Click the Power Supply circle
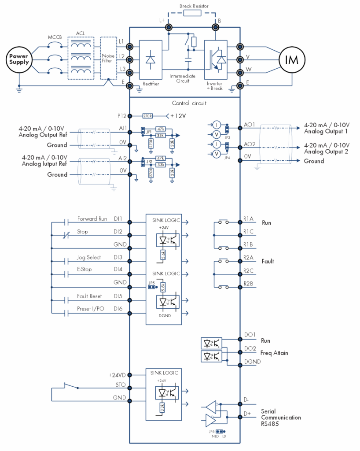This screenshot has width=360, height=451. click(19, 59)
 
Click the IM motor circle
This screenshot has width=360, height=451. click(292, 59)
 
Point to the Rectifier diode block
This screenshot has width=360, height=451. click(150, 59)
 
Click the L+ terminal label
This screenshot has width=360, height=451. click(162, 21)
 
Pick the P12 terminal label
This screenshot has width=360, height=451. click(122, 116)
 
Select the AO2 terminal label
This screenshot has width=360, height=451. click(250, 144)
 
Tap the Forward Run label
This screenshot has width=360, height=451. click(92, 218)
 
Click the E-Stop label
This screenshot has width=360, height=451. click(84, 269)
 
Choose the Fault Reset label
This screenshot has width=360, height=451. click(89, 296)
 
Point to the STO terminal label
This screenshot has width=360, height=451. click(121, 384)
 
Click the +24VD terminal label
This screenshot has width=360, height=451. click(117, 375)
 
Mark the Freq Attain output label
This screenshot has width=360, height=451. click(275, 353)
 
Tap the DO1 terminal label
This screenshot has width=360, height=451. click(250, 335)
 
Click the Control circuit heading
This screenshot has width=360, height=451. click(189, 103)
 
